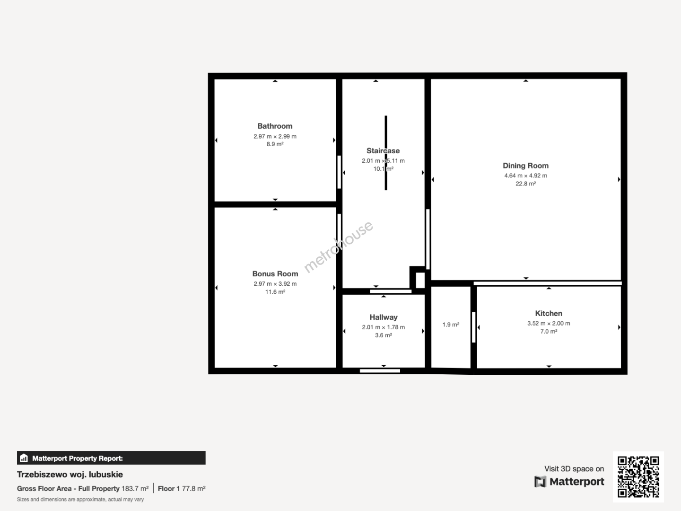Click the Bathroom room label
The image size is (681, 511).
click(275, 126)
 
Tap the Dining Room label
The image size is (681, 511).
click(525, 166)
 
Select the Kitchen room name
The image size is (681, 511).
click(549, 313)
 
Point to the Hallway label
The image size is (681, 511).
click(384, 317)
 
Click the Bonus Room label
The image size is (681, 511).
click(275, 273)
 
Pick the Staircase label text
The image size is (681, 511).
click(383, 151)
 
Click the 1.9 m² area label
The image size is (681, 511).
click(451, 325)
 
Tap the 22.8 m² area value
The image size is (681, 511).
click(525, 184)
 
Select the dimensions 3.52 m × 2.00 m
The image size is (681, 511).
click(549, 323)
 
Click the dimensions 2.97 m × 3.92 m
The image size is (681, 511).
click(275, 283)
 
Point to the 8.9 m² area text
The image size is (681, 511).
click(275, 144)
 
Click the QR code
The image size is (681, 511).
click(638, 476)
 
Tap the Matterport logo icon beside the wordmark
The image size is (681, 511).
click(540, 482)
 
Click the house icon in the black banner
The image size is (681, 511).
click(24, 458)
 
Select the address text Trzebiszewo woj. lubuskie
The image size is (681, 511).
click(70, 475)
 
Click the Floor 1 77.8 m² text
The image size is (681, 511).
click(182, 489)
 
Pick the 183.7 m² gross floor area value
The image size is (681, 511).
click(135, 489)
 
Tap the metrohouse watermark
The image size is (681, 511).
click(339, 247)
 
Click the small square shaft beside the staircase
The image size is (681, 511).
click(420, 280)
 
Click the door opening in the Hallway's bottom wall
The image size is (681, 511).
click(380, 371)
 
